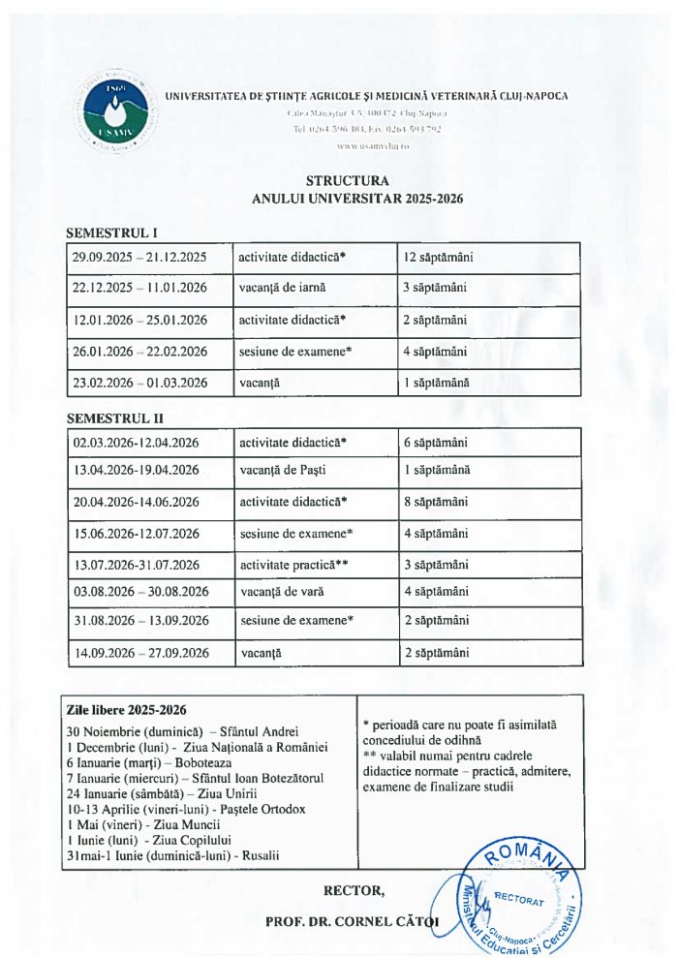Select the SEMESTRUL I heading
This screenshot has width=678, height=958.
[111, 232]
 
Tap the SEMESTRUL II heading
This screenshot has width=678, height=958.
[114, 418]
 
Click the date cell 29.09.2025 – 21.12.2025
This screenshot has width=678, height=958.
[139, 258]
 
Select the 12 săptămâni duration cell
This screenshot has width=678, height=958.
[438, 258]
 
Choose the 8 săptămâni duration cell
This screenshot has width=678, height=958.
[435, 502]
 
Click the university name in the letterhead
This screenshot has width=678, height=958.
[366, 96]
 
